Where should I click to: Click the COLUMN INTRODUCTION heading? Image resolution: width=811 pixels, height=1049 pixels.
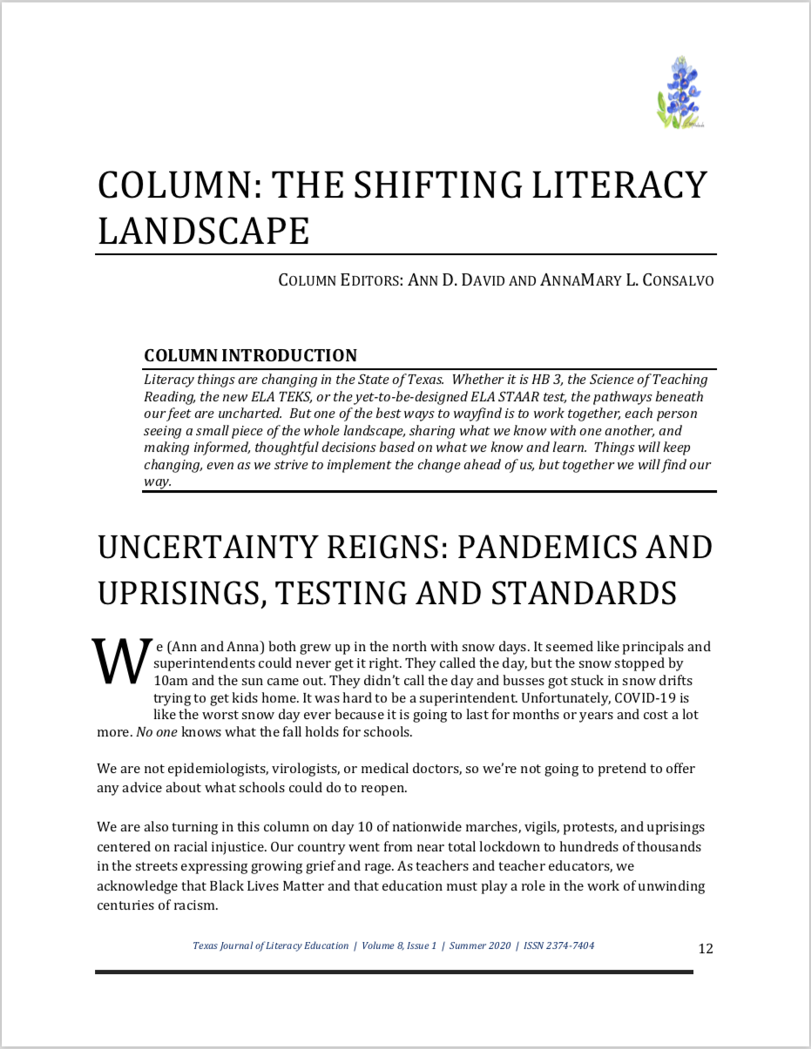pos(250,355)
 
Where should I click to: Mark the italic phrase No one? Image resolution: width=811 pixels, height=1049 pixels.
pos(157,731)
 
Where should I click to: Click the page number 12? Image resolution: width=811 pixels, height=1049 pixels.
pos(706,948)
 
